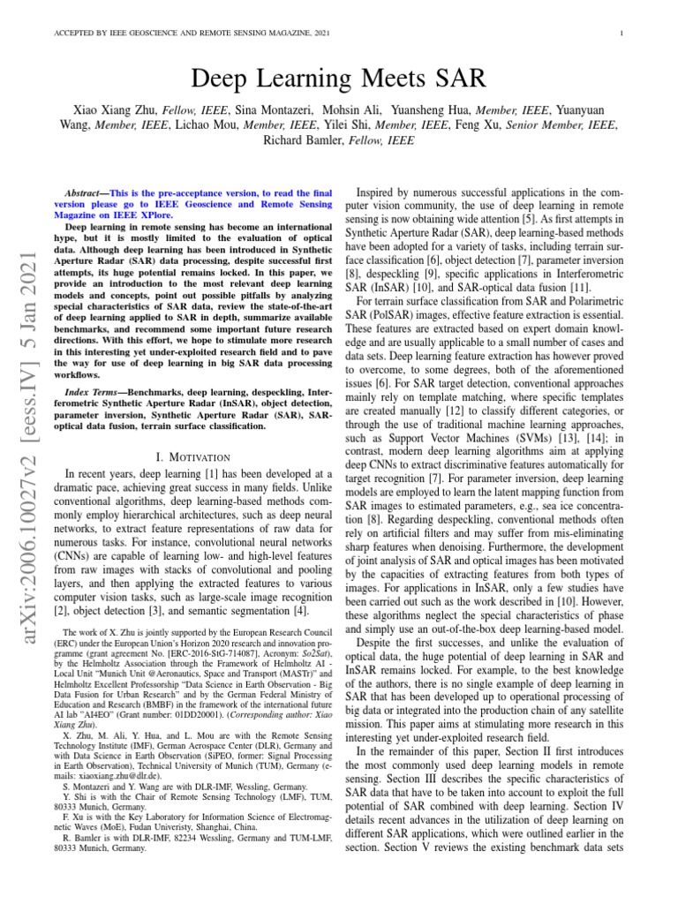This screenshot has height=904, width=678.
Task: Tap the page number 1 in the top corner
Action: coord(623,34)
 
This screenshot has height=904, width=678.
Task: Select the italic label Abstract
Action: coord(87,192)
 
